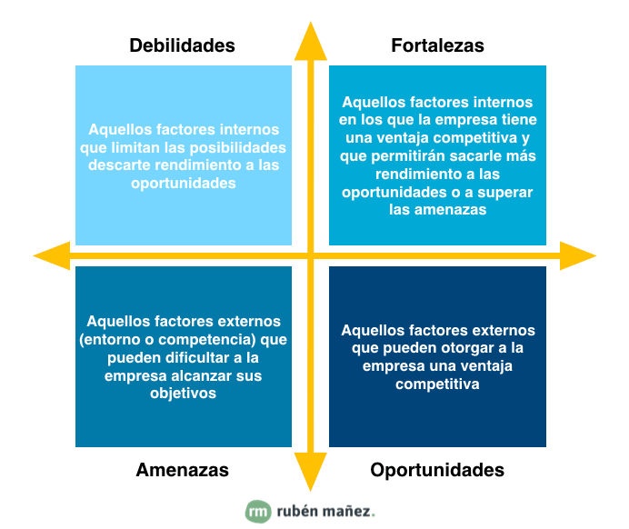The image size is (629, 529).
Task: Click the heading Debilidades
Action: (x=182, y=45)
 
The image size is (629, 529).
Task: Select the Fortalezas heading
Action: (x=437, y=45)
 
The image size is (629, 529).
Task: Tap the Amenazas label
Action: (x=182, y=470)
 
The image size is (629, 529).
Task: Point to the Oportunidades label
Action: (x=437, y=470)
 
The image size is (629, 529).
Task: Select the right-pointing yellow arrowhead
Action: (x=577, y=255)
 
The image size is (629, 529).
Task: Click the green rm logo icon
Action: (x=258, y=512)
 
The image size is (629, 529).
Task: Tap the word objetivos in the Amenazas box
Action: (x=184, y=394)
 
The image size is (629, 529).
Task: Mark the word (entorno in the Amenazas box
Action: (x=110, y=339)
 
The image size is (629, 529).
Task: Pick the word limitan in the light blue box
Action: (x=146, y=148)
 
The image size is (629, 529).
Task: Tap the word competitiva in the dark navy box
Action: (x=437, y=384)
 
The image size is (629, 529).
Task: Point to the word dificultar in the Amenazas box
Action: (x=185, y=357)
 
